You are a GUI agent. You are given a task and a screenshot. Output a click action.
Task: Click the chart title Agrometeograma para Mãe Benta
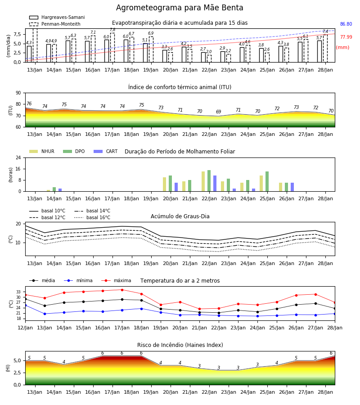click(180, 8)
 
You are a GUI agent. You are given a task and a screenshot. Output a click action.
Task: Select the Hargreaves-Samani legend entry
click(57, 17)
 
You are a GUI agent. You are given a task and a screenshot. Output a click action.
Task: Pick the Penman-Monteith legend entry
click(55, 24)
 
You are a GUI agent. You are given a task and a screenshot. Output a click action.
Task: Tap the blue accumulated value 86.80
click(346, 24)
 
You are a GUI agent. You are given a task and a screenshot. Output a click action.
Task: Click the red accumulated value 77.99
click(346, 37)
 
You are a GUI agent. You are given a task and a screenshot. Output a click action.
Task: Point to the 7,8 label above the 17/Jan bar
click(112, 30)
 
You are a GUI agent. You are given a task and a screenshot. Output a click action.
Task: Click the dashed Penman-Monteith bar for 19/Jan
click(151, 49)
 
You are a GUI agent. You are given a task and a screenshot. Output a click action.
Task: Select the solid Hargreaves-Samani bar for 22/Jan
click(203, 57)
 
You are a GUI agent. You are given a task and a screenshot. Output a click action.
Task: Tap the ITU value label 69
click(219, 112)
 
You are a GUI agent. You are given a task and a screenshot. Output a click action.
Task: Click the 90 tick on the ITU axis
click(18, 93)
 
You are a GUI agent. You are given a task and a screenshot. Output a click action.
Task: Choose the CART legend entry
click(106, 151)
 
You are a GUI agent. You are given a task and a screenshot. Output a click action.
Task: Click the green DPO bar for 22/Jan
click(209, 181)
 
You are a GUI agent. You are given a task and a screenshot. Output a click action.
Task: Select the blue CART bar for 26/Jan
click(292, 187)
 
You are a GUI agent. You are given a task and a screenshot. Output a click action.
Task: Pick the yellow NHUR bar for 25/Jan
click(261, 184)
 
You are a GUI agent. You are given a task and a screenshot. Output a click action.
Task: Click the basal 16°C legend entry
click(92, 217)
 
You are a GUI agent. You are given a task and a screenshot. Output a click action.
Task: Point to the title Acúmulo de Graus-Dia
click(180, 216)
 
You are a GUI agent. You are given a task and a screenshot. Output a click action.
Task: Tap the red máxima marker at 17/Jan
click(122, 290)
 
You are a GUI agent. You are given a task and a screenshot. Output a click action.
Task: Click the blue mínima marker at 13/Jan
click(45, 314)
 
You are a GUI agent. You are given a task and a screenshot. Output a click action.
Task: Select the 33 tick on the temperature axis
click(18, 292)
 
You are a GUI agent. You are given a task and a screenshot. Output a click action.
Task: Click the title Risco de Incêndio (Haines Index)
click(180, 345)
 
